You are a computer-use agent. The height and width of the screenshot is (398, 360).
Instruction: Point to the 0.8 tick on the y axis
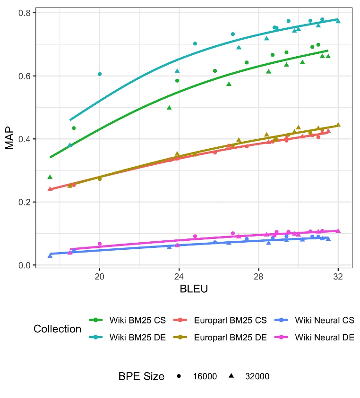point(25,13)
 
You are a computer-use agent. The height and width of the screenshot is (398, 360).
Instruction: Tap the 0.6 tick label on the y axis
point(25,76)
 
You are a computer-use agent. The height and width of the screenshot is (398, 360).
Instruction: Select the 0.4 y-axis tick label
point(25,139)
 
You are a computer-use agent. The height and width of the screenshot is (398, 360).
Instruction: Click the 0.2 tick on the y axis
point(25,202)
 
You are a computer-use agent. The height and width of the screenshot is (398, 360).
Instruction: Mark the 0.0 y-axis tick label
point(25,265)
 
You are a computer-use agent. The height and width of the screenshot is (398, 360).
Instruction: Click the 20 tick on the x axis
point(99,276)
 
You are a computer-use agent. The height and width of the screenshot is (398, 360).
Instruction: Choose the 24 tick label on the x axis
point(179,276)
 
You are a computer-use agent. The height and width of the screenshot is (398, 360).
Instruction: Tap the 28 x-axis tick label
point(258,276)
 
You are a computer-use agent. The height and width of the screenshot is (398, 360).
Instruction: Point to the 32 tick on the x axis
point(338,276)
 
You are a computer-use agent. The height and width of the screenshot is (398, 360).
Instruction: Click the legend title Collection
point(57,329)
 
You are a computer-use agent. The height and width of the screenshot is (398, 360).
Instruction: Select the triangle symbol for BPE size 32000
point(232,376)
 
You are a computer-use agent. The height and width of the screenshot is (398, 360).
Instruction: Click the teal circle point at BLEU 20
point(99,74)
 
